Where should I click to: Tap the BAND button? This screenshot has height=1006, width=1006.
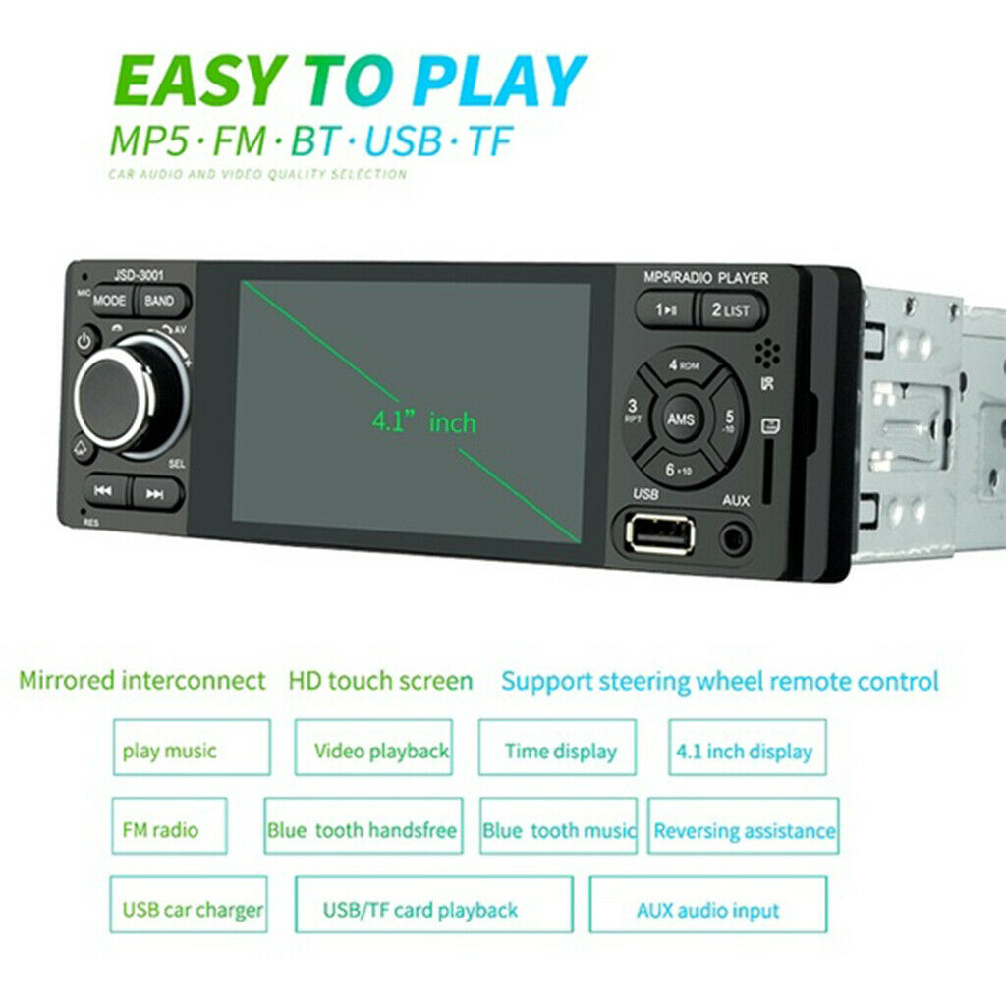pyautogui.click(x=159, y=302)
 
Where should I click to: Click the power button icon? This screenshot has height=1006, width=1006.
pyautogui.click(x=85, y=342)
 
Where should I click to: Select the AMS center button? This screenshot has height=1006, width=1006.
pyautogui.click(x=681, y=419)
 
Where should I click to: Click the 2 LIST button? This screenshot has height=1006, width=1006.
pyautogui.click(x=730, y=310)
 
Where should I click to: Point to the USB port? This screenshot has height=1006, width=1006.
pyautogui.click(x=658, y=534)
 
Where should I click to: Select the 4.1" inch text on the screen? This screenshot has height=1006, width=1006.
pyautogui.click(x=422, y=423)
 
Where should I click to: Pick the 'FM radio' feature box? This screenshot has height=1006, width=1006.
pyautogui.click(x=161, y=830)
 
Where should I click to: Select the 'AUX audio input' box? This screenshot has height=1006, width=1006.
pyautogui.click(x=707, y=910)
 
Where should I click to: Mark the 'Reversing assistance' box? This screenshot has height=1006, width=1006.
pyautogui.click(x=745, y=831)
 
